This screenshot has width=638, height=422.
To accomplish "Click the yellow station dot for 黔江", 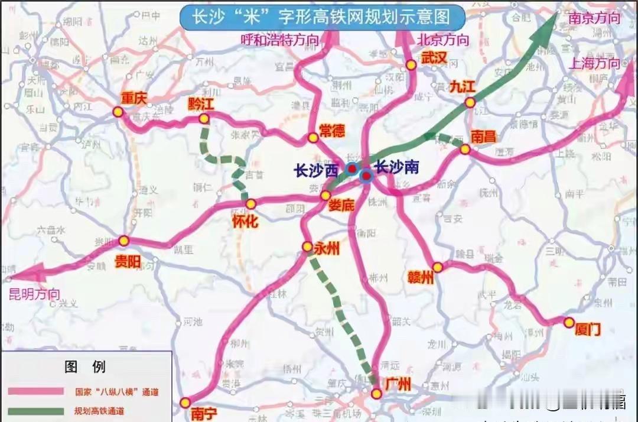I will tap(204, 119).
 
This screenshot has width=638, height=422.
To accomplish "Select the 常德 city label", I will tap(331, 131).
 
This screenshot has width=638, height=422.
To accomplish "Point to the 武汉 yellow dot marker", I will tap(411, 66).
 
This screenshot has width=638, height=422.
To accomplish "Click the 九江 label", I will tap(462, 86).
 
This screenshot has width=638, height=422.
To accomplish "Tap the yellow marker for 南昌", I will tap(465, 150).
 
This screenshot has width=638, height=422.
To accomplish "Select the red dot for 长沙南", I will tap(366, 176).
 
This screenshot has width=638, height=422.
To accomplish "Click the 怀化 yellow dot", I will tap(251, 204).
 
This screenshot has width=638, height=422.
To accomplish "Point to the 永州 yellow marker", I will tap(307, 246).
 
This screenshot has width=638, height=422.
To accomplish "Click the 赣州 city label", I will tap(421, 278).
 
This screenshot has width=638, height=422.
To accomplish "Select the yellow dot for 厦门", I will tap(569, 323).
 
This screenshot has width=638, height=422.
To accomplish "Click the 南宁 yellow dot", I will tap(185, 402).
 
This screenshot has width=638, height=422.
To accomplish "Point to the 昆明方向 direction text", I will tap(34, 294).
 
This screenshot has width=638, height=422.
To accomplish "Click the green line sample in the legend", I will tap(35, 411).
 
